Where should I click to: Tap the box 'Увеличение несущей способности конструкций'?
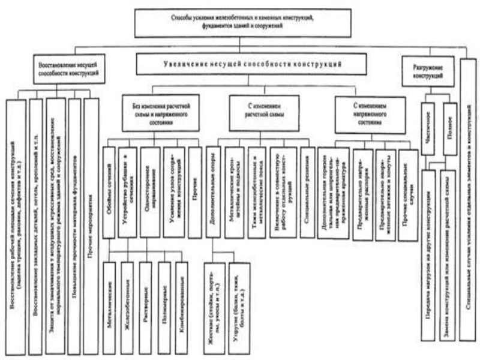click(251, 64)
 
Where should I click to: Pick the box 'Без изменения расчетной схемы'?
click(152, 112)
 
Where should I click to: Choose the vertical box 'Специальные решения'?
click(307, 186)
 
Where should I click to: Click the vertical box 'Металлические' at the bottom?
click(110, 306)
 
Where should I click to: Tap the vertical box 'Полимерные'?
click(164, 306)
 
